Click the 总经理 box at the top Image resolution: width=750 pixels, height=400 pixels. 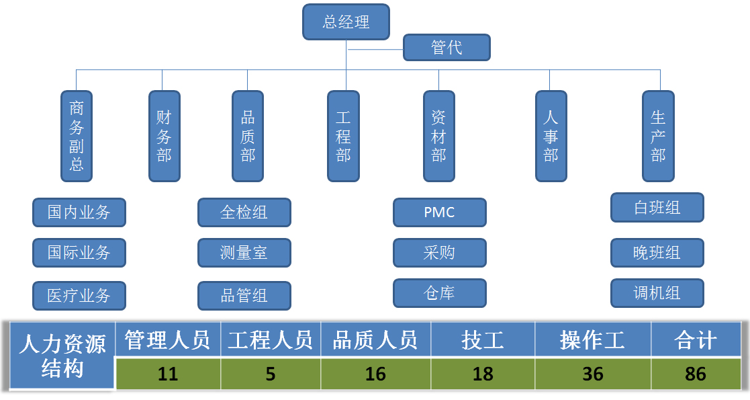pos(346,22)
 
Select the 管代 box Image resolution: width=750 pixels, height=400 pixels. pos(447,48)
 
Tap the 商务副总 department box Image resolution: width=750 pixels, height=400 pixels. pos(77,136)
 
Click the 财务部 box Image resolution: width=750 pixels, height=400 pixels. pos(165,136)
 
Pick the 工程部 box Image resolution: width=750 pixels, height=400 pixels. pos(344,136)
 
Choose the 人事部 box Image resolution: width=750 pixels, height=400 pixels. pos(551,136)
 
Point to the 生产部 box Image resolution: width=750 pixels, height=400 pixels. pos(658,136)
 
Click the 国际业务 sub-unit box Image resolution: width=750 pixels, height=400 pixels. pos(79,253)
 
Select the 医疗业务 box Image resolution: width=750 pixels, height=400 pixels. pos(79,295)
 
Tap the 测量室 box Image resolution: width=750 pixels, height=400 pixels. pos(244,253)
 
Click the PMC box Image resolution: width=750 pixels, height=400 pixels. pos(440,212)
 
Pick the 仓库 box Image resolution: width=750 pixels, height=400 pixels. pos(440,293)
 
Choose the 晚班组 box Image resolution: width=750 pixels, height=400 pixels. pos(657,253)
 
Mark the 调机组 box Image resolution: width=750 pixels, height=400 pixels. pos(657,293)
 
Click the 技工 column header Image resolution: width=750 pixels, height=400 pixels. pos(483,340)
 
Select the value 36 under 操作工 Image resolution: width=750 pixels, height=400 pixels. pos(593,374)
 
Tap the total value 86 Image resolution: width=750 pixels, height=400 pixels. pos(696,374)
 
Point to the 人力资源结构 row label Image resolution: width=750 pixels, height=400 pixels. pos(62,356)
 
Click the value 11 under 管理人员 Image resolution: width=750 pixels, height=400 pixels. pos(168,374)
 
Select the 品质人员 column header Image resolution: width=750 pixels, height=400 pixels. pos(375,340)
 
